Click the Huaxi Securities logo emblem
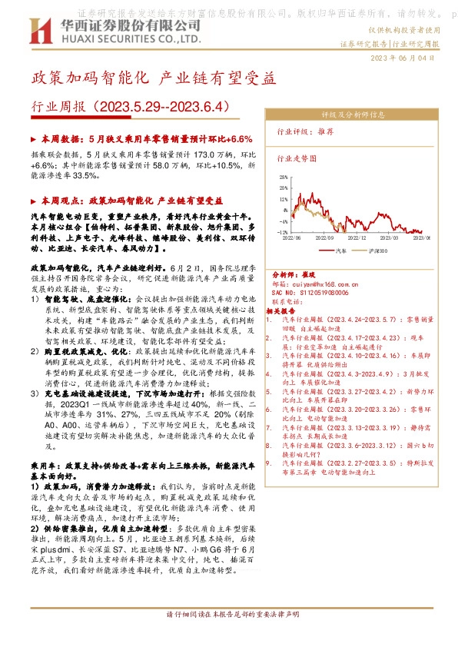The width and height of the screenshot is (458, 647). [40, 32]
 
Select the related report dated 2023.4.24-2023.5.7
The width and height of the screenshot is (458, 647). [349, 318]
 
